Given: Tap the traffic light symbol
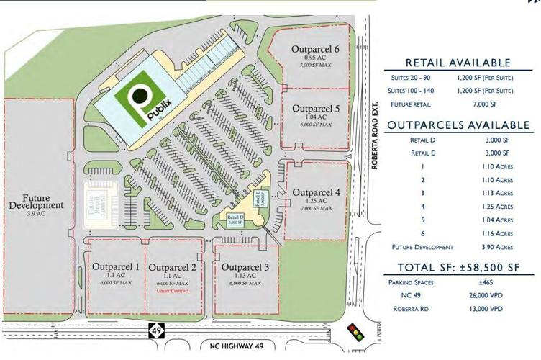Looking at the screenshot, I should click(355, 332).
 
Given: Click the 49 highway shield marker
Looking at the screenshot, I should click(155, 331).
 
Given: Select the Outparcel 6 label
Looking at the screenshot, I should click(316, 49).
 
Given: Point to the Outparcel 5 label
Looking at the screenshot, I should click(316, 108).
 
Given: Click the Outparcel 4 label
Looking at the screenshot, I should click(316, 192).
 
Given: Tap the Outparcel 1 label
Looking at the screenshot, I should click(115, 267).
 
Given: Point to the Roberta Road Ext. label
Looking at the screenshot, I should click(374, 144).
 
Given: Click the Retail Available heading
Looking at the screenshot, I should click(458, 63).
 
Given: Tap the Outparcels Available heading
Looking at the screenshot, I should click(458, 125).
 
